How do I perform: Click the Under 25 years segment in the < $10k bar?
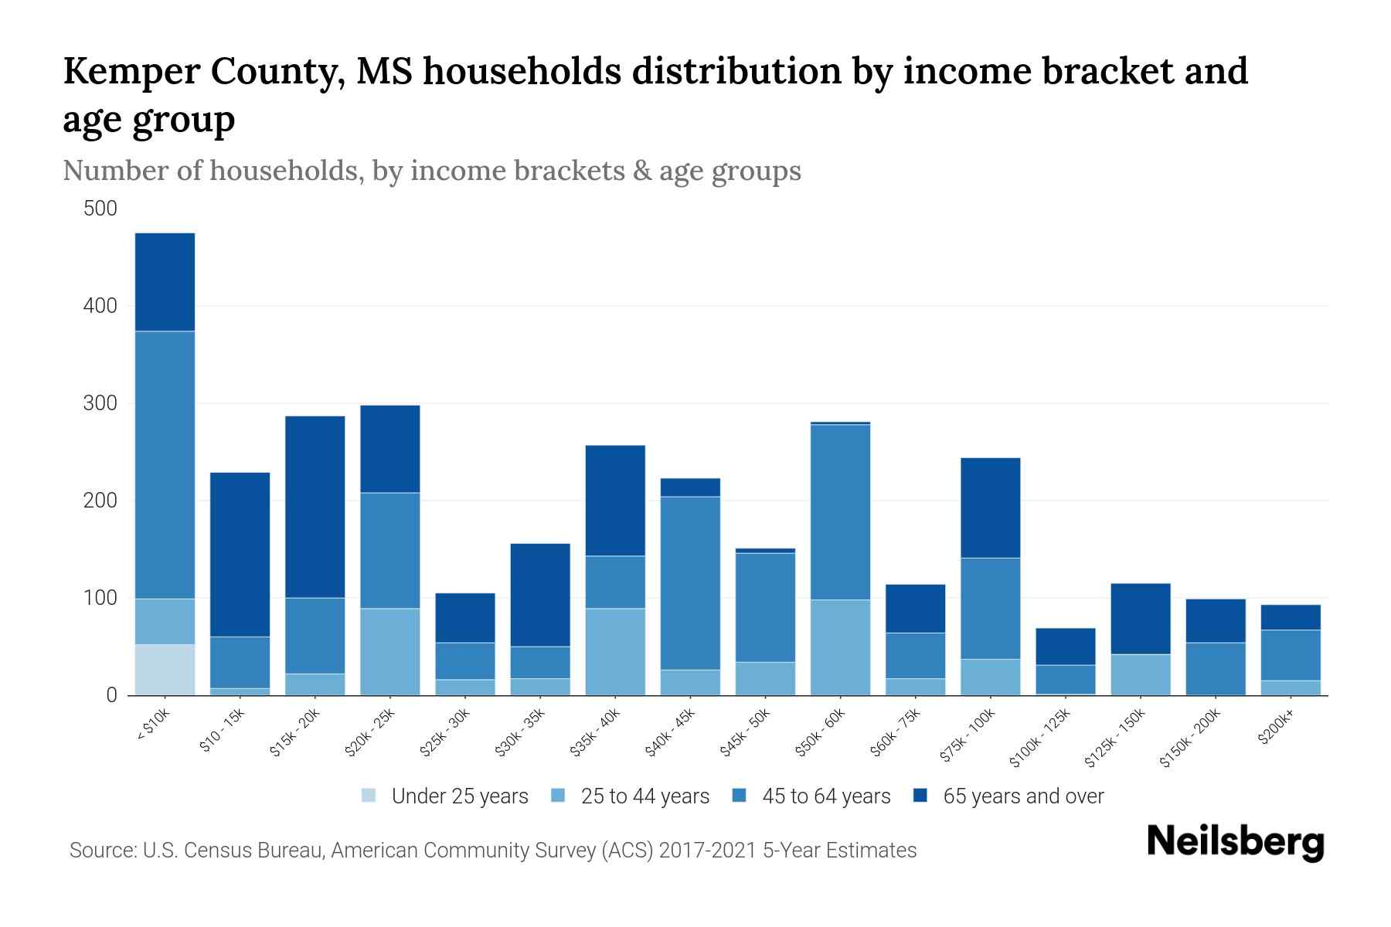coord(165,670)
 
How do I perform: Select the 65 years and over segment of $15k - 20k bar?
coord(315,507)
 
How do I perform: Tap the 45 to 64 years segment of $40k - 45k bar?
coord(690,583)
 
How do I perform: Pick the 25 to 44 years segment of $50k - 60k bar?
coord(840,647)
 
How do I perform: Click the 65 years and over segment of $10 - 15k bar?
coord(240,555)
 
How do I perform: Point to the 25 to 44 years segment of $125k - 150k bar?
coord(1140,674)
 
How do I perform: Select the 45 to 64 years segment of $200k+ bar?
coord(1291,655)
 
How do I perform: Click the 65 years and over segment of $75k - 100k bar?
coord(990,508)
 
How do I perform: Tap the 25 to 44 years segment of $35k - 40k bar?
coord(615,651)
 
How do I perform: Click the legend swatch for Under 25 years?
coord(369,796)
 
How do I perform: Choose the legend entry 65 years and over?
coord(1022,796)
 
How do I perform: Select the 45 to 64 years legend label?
coord(825,796)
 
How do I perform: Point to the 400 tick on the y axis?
coord(100,306)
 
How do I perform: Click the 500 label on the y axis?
coord(100,209)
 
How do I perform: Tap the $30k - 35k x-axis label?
coord(519,733)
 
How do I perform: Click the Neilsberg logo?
coord(1235,842)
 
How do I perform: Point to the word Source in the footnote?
coord(101,851)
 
